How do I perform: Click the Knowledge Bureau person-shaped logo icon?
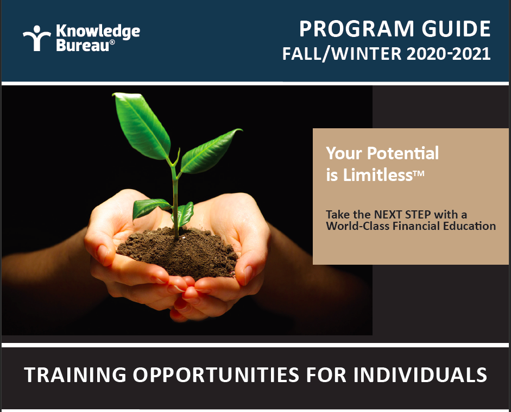[x=36, y=38]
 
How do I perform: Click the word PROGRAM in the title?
[x=357, y=29]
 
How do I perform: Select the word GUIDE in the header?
[x=456, y=29]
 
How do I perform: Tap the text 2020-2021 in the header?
[x=449, y=54]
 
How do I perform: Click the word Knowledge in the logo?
[x=98, y=32]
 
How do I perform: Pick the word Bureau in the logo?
[x=83, y=45]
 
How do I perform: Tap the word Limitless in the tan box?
[x=378, y=174]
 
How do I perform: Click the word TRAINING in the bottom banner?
[x=75, y=374]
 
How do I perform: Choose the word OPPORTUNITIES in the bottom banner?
[x=216, y=374]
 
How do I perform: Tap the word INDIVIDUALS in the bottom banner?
[x=420, y=374]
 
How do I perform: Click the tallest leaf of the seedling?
[x=141, y=126]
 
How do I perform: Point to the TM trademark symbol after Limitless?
[x=419, y=173]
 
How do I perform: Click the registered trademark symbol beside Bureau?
[x=112, y=42]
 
